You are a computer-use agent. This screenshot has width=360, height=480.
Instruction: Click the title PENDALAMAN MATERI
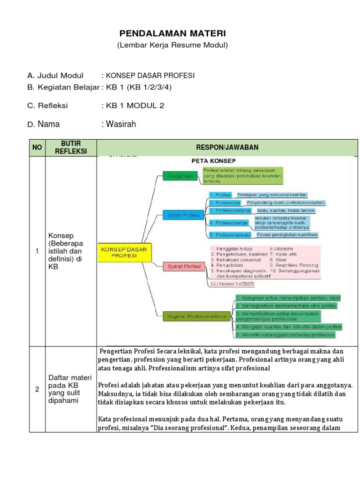(x=172, y=34)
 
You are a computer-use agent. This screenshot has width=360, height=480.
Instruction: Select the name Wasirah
(x=120, y=124)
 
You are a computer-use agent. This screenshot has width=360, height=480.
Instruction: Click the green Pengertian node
(x=178, y=176)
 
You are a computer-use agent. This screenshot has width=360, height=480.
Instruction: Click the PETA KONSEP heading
(x=210, y=160)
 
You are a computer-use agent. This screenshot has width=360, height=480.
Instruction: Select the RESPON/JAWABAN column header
(x=227, y=148)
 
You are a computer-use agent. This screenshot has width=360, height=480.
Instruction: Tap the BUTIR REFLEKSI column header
(x=71, y=147)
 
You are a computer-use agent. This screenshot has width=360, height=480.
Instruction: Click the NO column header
(x=37, y=148)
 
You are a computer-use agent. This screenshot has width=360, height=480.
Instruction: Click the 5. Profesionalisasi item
(x=230, y=234)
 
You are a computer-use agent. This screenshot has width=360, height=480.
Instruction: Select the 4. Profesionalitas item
(x=229, y=223)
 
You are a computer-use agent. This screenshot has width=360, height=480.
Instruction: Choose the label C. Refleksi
(x=47, y=105)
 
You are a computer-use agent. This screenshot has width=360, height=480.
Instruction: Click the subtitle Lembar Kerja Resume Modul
(x=172, y=45)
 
